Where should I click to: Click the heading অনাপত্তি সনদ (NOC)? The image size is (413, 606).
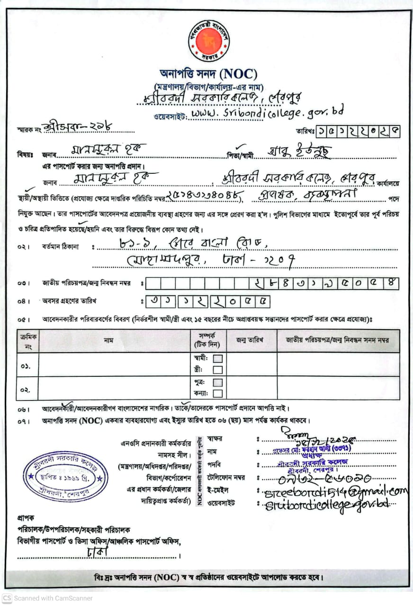[208, 74]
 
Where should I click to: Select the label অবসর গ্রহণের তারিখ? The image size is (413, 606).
[71, 301]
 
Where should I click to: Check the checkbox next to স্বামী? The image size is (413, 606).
[217, 358]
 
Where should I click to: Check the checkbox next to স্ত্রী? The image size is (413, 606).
[217, 370]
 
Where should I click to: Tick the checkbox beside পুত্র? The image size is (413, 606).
[217, 382]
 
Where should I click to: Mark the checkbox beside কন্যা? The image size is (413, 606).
[217, 393]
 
